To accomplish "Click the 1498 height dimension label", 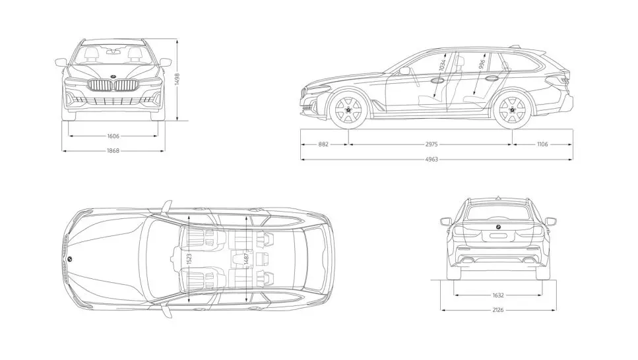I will [177, 79].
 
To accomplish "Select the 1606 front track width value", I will [113, 136].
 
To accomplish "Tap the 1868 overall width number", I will [113, 150].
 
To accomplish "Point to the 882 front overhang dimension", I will [324, 144].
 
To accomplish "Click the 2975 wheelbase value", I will [431, 144].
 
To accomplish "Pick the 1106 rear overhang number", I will [542, 144].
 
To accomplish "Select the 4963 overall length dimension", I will [431, 159].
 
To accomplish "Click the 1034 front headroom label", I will [443, 66].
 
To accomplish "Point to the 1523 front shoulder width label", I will [189, 258].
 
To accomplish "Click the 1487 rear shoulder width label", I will [246, 258].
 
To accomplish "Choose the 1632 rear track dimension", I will [497, 295].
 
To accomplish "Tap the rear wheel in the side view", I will [513, 111].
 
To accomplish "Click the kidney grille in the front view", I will [113, 86].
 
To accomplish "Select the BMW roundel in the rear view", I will [497, 227].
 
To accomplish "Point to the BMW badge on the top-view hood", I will [69, 259].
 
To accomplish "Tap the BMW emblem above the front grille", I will [113, 75].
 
